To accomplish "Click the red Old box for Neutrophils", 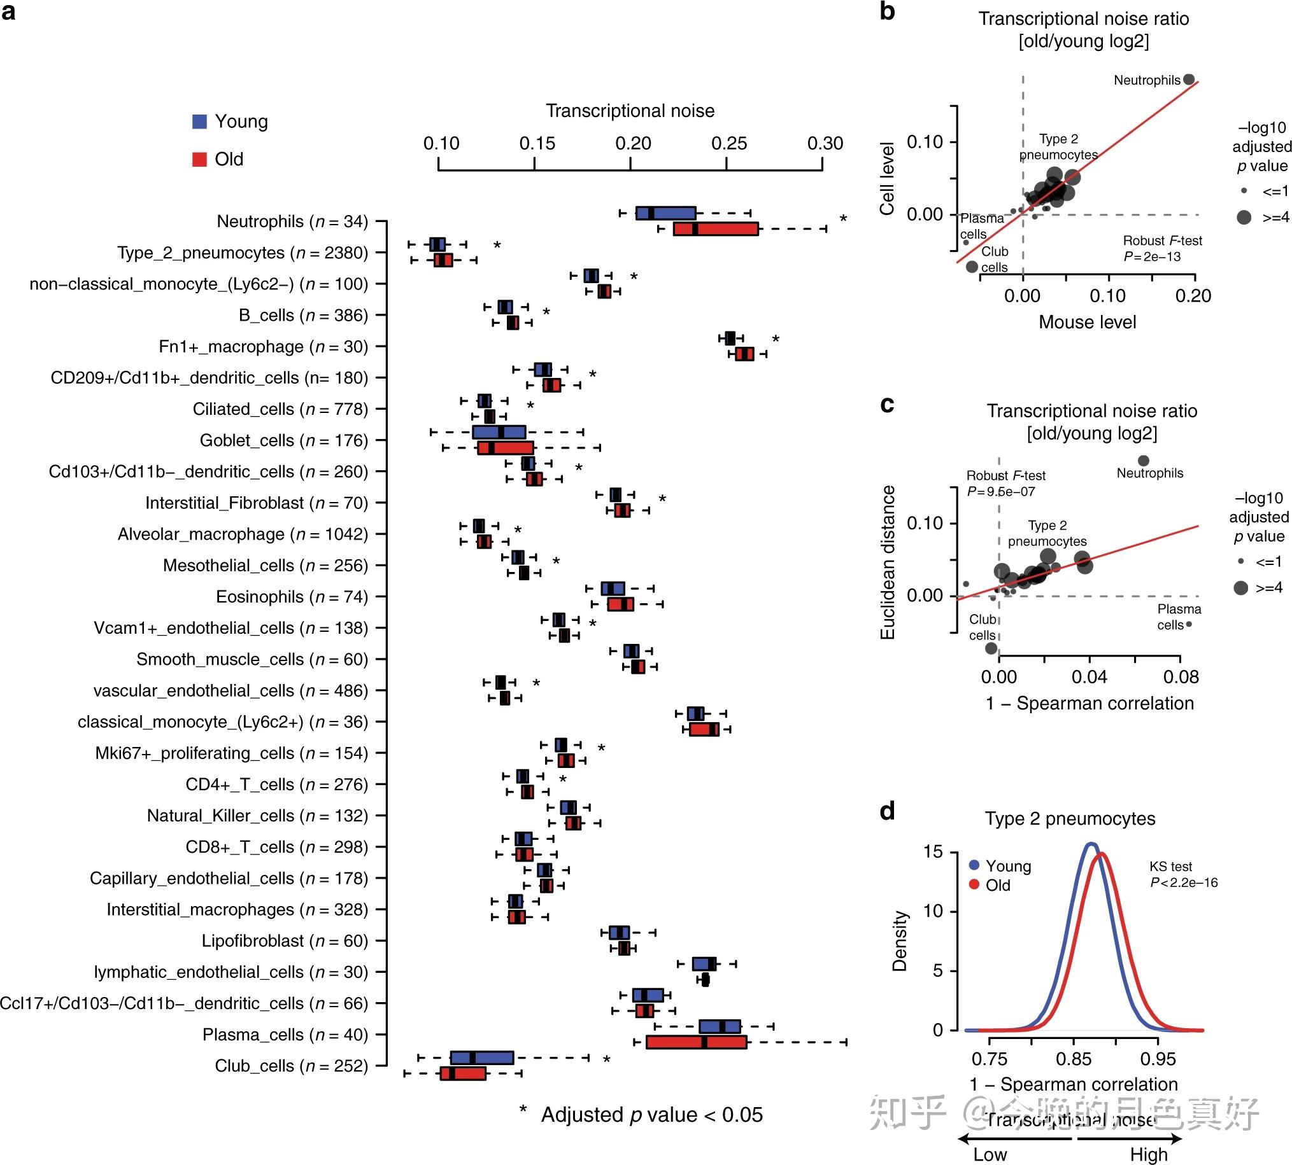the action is [716, 228].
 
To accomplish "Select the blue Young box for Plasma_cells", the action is [720, 1026].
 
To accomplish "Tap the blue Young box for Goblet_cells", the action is [499, 432].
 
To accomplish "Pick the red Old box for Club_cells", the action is [462, 1073].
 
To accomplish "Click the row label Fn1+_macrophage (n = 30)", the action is [263, 346].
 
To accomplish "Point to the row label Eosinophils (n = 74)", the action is [292, 597].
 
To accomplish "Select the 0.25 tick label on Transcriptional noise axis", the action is [729, 143].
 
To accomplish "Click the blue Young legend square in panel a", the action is [200, 122].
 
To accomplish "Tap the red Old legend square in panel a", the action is [200, 160].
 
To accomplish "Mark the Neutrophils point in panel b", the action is [1189, 80].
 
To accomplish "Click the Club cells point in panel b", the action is [972, 267].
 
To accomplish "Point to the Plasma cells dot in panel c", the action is [1189, 624].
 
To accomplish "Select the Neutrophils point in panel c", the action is [1143, 460].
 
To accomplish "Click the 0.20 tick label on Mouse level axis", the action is [1193, 296].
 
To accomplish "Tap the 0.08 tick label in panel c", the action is [1181, 676].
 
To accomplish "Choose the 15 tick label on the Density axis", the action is [934, 851].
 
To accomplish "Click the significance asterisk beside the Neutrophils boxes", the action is [843, 220].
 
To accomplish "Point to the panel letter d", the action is [887, 811].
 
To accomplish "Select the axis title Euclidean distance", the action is [887, 562].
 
